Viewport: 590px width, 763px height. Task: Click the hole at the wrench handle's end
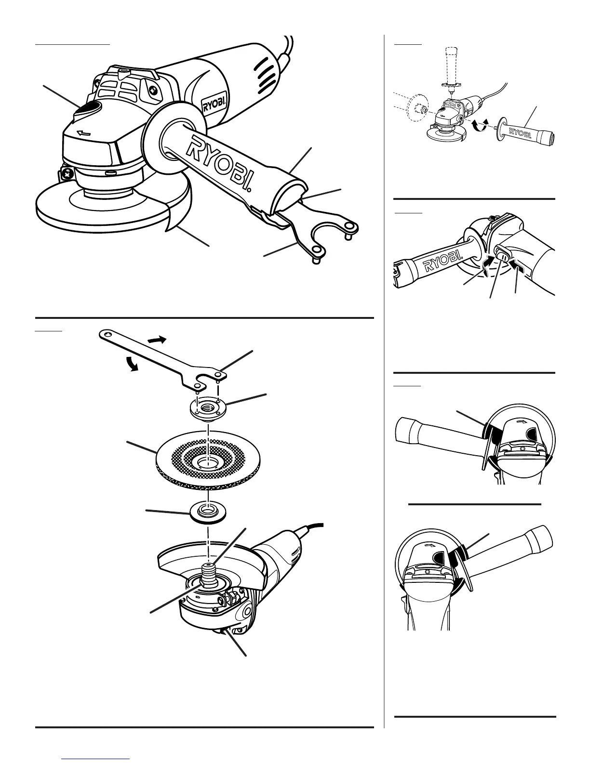[x=107, y=333]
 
